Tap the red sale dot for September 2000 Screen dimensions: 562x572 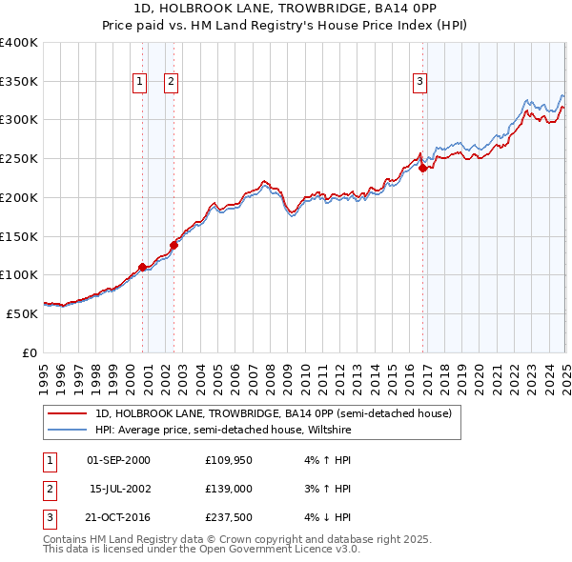(142, 268)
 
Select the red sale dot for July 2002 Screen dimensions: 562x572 (174, 245)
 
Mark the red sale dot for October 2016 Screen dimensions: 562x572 (422, 169)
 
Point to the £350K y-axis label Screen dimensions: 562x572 (20, 82)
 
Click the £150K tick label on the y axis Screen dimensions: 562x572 (20, 236)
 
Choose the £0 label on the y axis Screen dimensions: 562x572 (29, 352)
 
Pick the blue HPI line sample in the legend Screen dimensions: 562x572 (67, 430)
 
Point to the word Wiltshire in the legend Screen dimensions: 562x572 (329, 430)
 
